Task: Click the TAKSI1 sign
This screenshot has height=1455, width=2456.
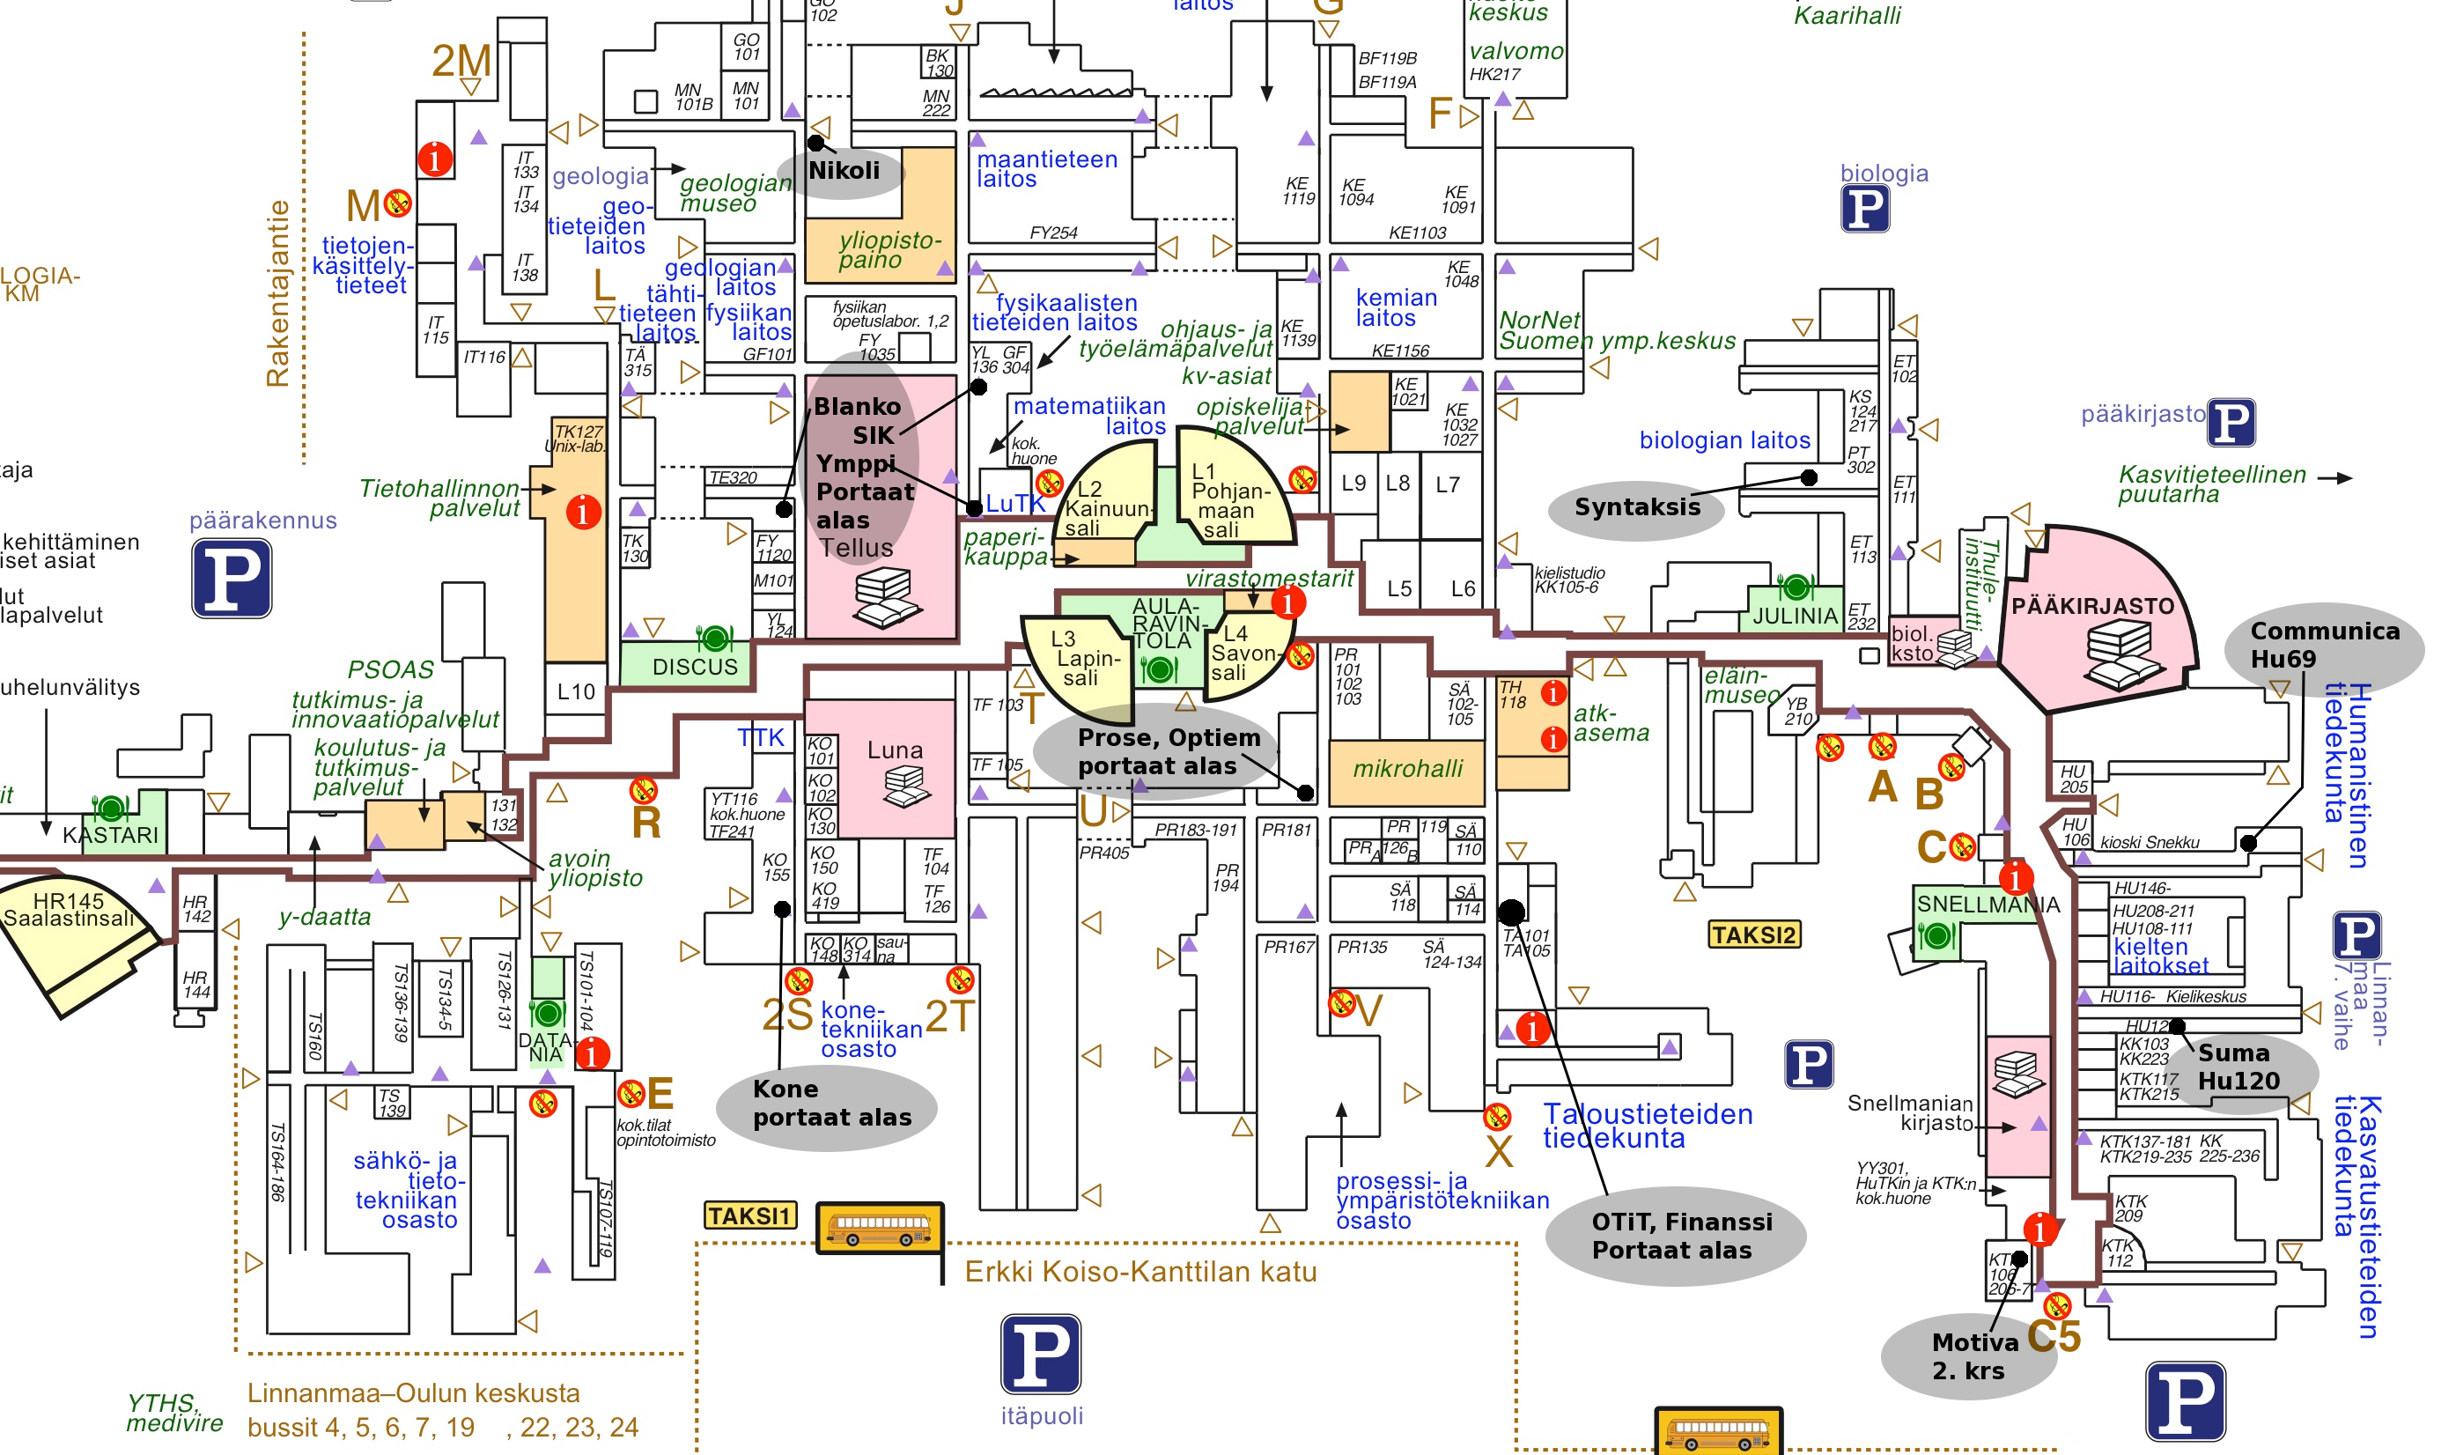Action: coord(749,1215)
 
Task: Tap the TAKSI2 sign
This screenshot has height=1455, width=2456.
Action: coord(1753,934)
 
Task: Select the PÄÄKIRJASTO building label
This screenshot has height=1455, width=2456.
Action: coord(2092,607)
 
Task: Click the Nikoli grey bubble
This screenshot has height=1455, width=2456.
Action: coord(843,172)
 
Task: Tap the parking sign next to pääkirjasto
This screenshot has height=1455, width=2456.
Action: coord(2231,423)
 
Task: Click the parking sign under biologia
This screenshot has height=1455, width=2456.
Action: coord(1864,208)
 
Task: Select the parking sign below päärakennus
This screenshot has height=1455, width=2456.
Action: coord(232,579)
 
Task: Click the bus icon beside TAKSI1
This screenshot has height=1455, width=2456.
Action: coord(880,1228)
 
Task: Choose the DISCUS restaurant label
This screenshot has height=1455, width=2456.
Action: coord(695,667)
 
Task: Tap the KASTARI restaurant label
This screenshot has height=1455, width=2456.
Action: coord(110,835)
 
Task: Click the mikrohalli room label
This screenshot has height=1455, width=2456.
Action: coord(1407,770)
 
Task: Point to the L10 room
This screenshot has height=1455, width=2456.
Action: coord(576,692)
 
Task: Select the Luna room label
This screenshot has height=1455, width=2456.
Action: coord(894,751)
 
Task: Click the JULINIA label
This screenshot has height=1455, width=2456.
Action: coord(1795,617)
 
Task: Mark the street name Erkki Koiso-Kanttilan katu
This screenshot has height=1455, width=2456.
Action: coord(1139,1272)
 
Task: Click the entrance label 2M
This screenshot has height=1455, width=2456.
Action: coord(461,62)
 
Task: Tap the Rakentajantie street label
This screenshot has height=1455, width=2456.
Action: coord(278,293)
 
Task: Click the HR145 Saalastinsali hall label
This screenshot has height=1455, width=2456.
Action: coord(69,910)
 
